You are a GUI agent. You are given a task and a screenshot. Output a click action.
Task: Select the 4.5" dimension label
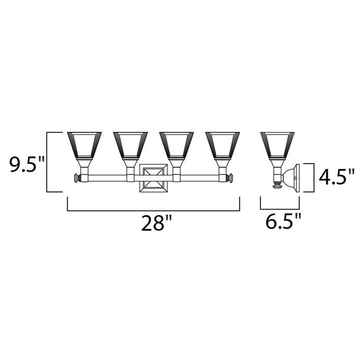click(x=336, y=177)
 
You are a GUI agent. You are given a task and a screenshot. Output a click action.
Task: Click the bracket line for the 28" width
click(x=153, y=211)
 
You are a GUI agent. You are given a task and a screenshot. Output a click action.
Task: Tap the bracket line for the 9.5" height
click(x=47, y=162)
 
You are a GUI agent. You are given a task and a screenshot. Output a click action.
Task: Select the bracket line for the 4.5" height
click(x=313, y=177)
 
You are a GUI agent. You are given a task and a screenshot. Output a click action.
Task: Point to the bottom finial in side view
click(x=276, y=186)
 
